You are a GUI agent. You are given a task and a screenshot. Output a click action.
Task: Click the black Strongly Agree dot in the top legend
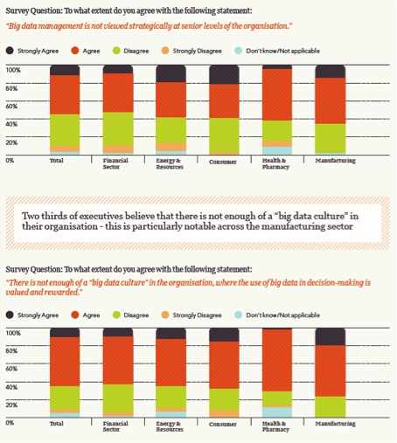(10, 51)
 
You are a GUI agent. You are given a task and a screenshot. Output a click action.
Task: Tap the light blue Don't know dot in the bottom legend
(239, 315)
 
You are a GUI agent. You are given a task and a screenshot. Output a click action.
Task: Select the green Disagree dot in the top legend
(116, 51)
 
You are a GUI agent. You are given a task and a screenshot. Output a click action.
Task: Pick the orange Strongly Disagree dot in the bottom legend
(165, 315)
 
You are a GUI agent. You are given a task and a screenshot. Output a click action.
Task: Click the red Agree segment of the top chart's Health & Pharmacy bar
(277, 94)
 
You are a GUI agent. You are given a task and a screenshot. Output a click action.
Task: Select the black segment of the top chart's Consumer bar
(224, 74)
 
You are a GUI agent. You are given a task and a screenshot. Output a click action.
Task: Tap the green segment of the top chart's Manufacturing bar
(331, 139)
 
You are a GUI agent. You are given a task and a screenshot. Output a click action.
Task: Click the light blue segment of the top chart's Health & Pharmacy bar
(277, 150)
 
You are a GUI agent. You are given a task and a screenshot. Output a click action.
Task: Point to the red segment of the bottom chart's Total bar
(65, 362)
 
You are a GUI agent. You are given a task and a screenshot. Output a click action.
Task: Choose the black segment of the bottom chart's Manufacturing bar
(331, 337)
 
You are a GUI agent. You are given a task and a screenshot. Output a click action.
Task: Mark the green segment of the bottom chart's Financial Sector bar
(118, 398)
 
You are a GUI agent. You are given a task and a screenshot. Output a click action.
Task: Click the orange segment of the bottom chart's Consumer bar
(224, 414)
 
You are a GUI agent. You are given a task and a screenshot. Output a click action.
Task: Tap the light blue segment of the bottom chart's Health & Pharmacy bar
(277, 412)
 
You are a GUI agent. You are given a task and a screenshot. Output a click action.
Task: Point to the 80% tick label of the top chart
(11, 88)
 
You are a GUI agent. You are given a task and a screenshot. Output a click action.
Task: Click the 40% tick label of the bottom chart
(11, 387)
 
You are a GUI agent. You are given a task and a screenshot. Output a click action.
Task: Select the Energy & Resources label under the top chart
(170, 163)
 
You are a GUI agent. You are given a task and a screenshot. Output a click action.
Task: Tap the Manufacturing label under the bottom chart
(335, 423)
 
